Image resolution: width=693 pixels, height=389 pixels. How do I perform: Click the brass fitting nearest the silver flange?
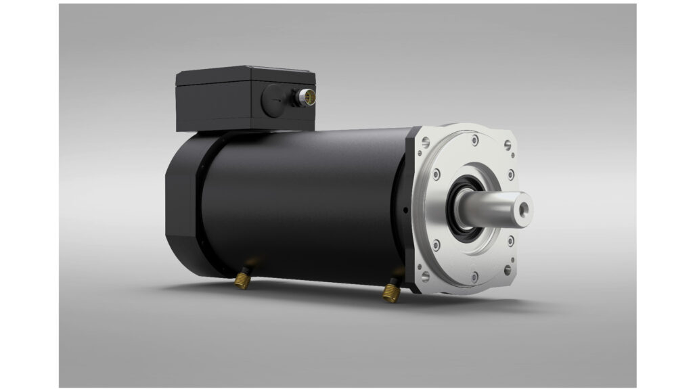coord(391,291)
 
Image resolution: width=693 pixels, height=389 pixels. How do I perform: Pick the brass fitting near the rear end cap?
coord(241,279)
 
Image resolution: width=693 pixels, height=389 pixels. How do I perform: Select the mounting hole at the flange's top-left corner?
coord(424,143)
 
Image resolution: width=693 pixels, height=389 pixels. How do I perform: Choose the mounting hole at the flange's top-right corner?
coord(508,145)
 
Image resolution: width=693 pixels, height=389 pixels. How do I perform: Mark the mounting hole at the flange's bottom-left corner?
coord(425,276)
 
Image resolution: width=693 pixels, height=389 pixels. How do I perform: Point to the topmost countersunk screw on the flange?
coord(474,139)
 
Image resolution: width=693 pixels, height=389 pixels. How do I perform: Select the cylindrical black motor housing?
coord(305,203)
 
